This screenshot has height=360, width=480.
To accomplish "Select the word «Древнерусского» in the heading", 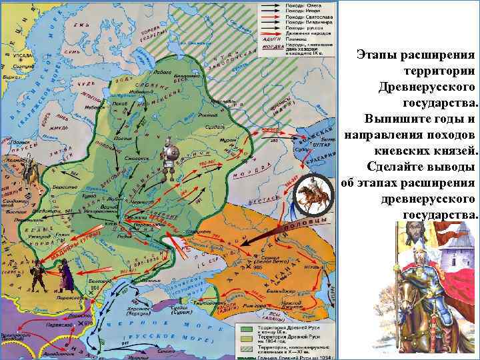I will click(427, 87).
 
